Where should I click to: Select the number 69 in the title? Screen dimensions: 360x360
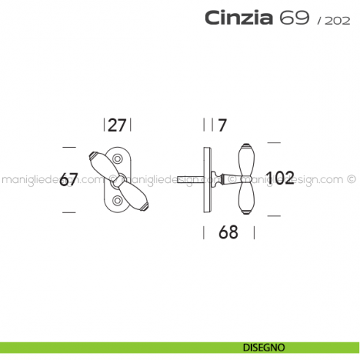pos(293,18)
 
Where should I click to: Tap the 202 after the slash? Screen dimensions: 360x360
pos(332,20)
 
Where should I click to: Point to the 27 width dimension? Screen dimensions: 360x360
pos(118,125)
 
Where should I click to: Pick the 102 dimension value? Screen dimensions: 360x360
pos(280,178)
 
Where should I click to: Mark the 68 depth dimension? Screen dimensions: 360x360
pos(229,233)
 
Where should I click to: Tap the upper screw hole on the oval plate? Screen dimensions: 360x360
pos(118,158)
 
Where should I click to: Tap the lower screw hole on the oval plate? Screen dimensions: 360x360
pos(118,198)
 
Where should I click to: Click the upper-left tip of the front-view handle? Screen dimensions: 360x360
pos(91,157)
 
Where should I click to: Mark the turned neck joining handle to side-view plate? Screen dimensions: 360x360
pos(221,178)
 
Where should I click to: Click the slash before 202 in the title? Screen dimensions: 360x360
pos(319,20)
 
